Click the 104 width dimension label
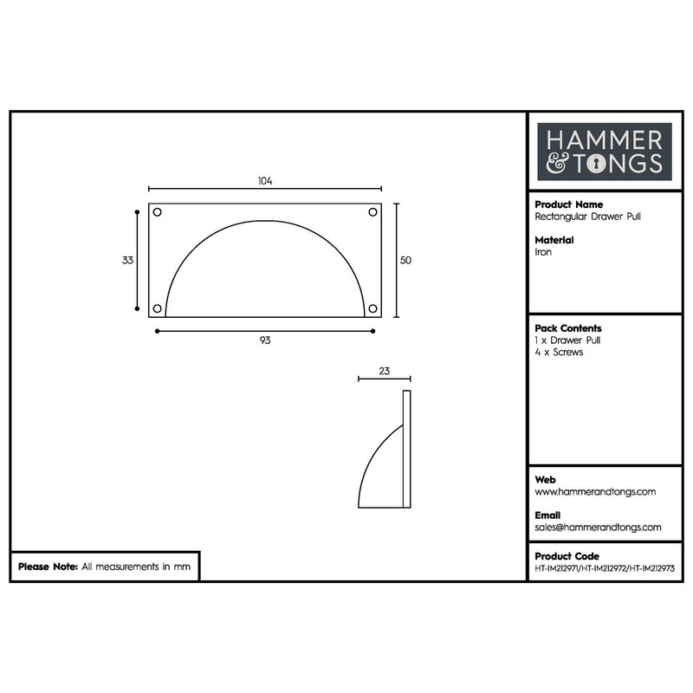click(265, 181)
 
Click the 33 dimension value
click(127, 261)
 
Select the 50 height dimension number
click(405, 261)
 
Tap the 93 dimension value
click(265, 340)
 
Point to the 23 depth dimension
click(384, 371)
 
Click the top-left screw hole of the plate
click(157, 212)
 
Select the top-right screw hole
click(372, 212)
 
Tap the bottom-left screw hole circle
click(157, 308)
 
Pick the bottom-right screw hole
click(372, 308)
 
